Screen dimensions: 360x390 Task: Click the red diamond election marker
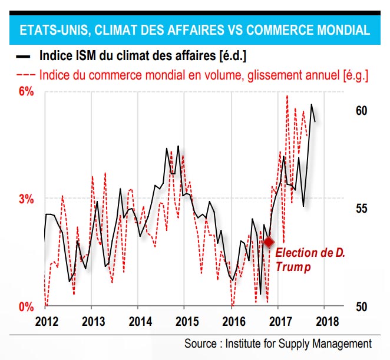pyautogui.click(x=269, y=242)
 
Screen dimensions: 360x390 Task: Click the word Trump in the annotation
pyautogui.click(x=293, y=266)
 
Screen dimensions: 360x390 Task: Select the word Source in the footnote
pyautogui.click(x=201, y=344)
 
